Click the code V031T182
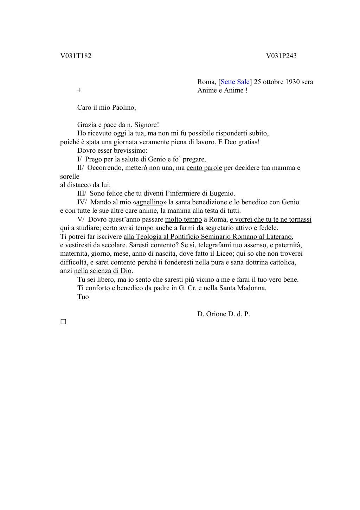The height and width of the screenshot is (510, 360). tap(76, 56)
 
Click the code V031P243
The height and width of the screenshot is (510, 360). tap(281, 56)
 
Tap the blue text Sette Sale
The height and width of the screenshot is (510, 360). tap(235, 82)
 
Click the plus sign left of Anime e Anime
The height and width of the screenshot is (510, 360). tap(79, 90)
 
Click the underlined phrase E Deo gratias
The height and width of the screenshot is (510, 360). tap(238, 142)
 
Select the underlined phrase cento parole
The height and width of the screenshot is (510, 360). tap(204, 168)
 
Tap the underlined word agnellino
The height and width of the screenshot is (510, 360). tap(149, 202)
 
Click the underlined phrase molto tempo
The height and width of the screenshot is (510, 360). tap(184, 219)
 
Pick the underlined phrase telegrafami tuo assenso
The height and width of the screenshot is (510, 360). tap(232, 245)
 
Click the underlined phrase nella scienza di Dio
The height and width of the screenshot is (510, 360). tap(103, 271)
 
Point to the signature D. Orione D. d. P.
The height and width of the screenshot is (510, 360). tap(224, 314)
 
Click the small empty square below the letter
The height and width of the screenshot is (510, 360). tap(63, 321)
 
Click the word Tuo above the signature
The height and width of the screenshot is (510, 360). tap(83, 297)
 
